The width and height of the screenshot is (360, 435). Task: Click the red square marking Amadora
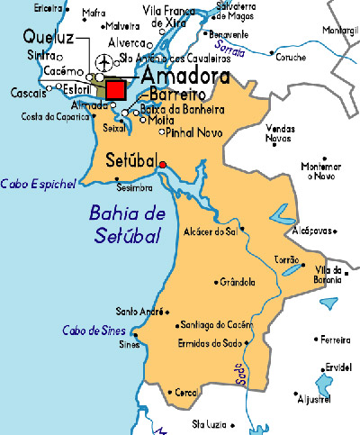115,91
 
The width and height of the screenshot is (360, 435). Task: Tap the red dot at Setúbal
162,164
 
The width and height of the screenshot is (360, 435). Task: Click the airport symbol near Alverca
105,62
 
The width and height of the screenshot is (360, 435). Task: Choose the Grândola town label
238,282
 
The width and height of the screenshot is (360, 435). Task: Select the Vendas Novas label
280,133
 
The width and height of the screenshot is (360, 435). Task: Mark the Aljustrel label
314,398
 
